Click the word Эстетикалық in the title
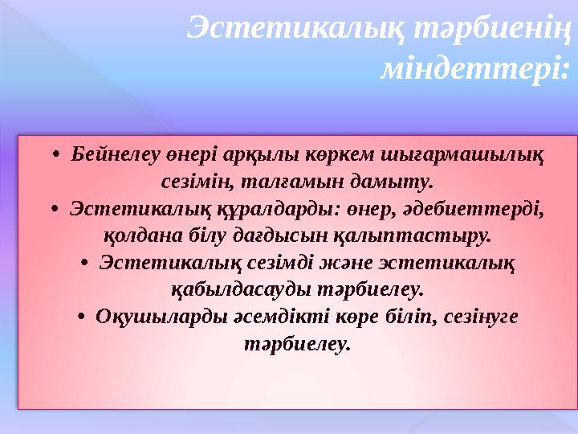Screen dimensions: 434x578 295,30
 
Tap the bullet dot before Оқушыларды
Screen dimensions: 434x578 81,319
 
